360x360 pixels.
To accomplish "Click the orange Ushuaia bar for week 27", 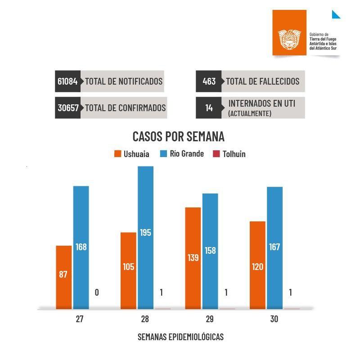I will [x=63, y=277].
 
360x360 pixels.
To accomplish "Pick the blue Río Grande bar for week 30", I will [x=274, y=247].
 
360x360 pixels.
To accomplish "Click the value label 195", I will [x=145, y=233].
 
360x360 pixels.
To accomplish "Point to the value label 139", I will [x=193, y=257].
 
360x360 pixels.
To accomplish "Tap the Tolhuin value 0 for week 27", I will [x=97, y=292].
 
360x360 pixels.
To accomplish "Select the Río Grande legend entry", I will [x=182, y=154].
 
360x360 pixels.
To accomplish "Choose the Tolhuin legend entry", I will [x=229, y=154].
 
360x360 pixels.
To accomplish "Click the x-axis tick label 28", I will [x=145, y=319].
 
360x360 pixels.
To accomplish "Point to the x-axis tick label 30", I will [x=274, y=319].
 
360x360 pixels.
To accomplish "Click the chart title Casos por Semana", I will [x=178, y=136].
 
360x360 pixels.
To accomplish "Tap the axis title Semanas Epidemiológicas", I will [x=180, y=337].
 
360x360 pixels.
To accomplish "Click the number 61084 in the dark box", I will [x=67, y=81].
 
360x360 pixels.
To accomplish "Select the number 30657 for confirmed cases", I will [x=68, y=108].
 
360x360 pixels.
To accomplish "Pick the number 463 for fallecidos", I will [x=209, y=81].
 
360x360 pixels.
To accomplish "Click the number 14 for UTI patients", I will [x=209, y=108].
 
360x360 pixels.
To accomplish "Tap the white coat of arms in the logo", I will [x=290, y=40].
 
